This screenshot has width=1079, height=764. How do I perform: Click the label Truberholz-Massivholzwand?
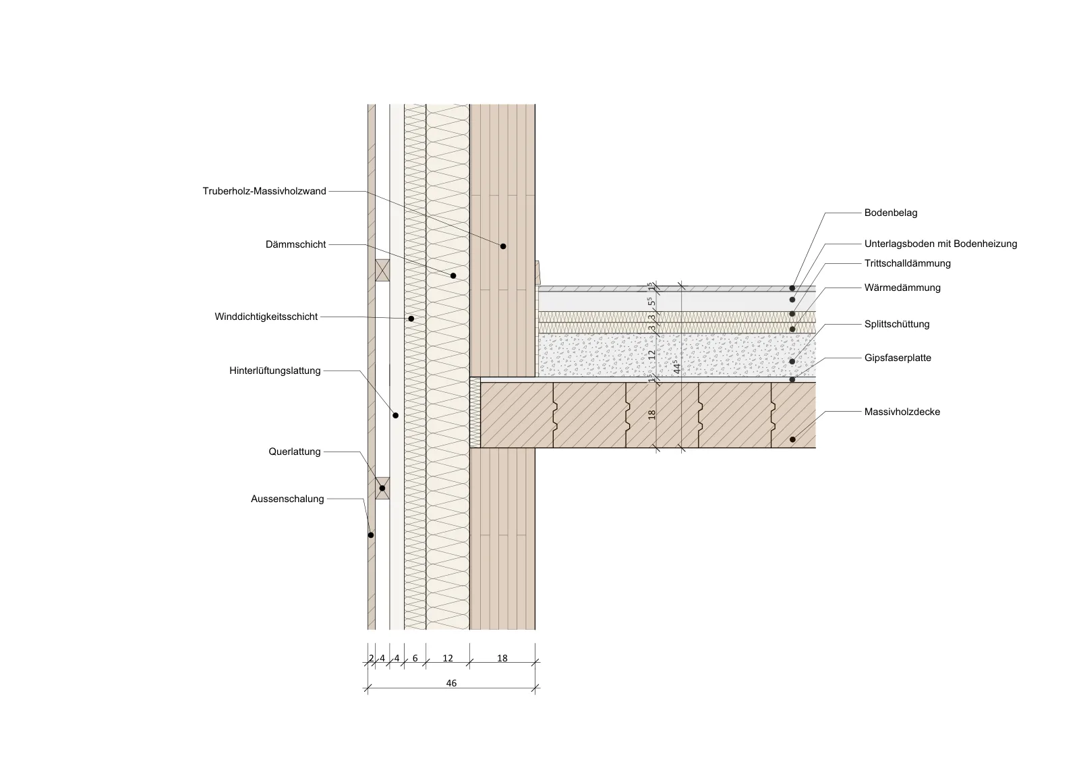point(264,192)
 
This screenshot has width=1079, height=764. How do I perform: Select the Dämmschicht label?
point(296,244)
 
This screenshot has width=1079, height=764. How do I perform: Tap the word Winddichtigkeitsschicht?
point(266,317)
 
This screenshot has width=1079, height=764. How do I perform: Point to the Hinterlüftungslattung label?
point(275,371)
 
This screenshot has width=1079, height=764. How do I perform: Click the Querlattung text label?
point(295,452)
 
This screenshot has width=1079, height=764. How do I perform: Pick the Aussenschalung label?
point(287,499)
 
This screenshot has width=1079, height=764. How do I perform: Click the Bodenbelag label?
point(891,213)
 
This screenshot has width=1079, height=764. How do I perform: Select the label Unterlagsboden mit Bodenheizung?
point(941,244)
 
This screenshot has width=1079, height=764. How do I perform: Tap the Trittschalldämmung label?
point(908,263)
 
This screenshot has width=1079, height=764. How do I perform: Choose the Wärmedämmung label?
point(902,288)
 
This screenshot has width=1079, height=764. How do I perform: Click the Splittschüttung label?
point(897,324)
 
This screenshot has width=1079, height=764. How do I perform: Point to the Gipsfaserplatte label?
point(898,358)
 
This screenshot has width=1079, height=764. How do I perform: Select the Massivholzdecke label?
point(902,412)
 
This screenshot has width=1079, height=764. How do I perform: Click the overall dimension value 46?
point(451,683)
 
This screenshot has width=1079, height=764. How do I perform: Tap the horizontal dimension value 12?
point(448,658)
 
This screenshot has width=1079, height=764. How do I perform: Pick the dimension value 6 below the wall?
point(415,658)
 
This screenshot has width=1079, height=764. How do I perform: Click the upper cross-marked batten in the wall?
point(382,271)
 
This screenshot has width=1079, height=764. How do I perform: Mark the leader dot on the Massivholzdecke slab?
point(792,439)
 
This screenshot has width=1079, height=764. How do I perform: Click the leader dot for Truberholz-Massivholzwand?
point(503,246)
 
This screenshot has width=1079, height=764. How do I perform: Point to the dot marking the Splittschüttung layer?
point(792,362)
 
